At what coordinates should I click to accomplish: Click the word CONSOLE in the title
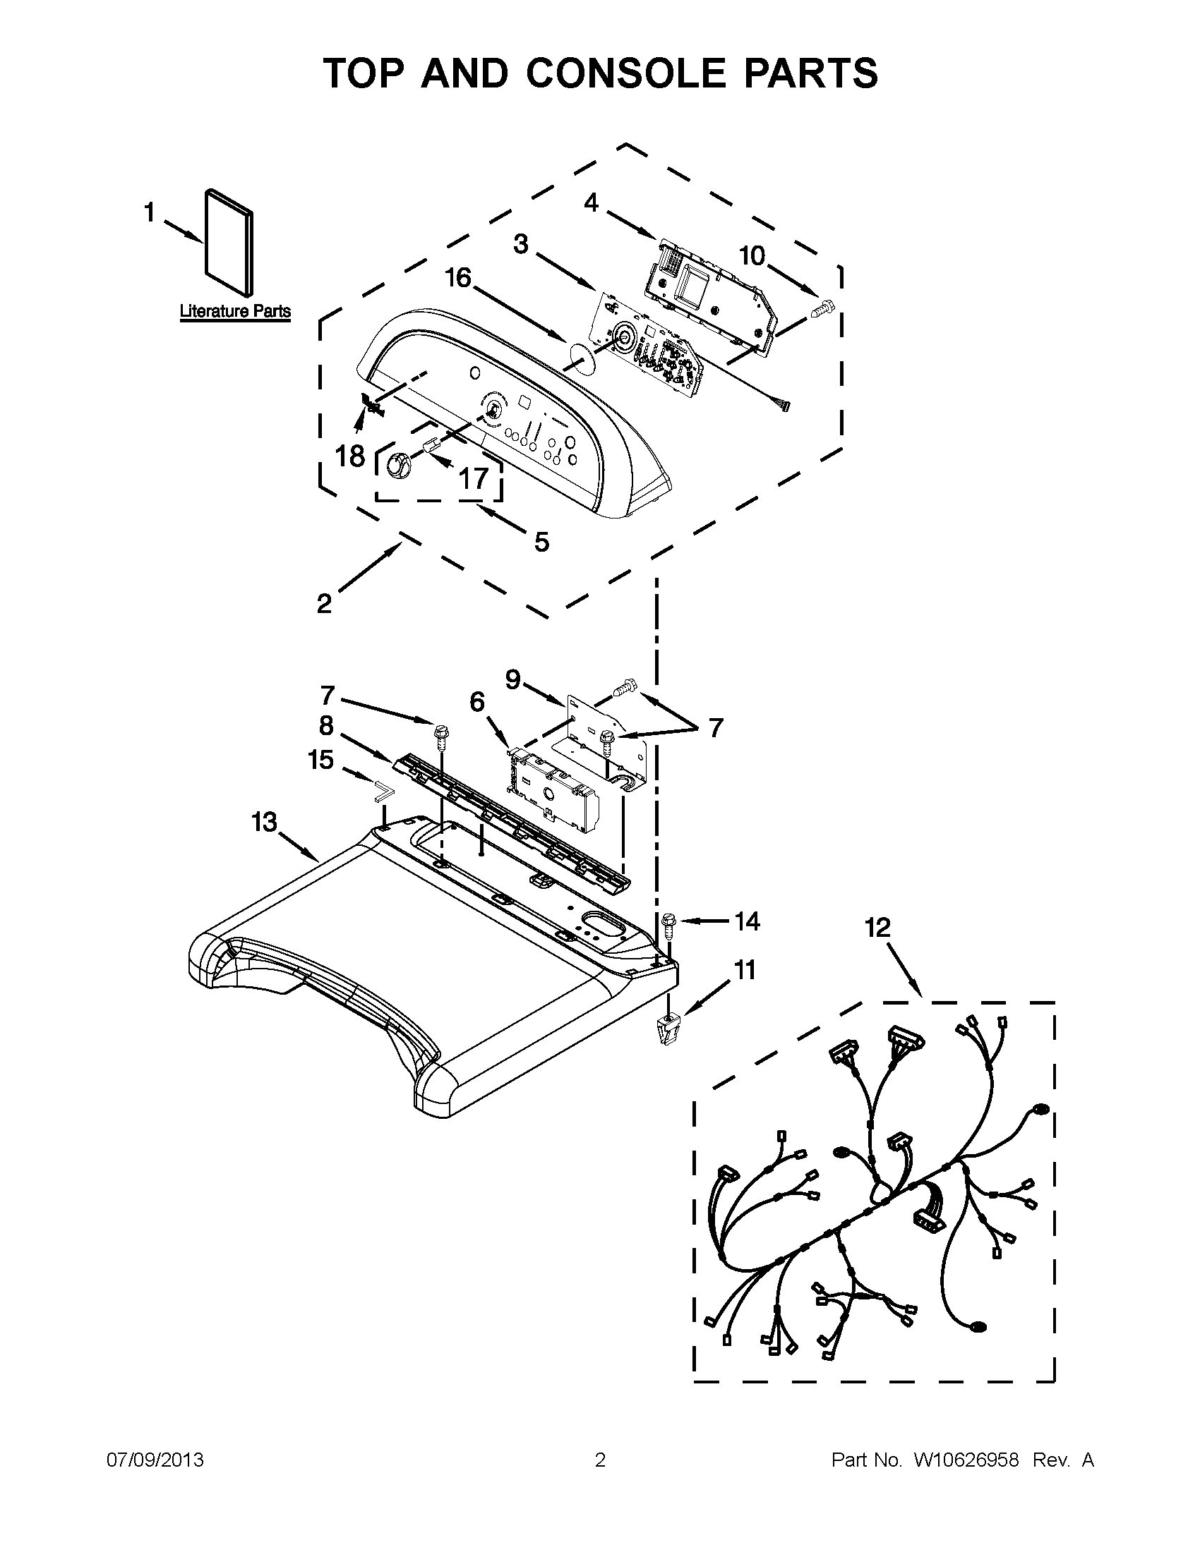point(625,73)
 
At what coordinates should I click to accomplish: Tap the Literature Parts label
point(234,311)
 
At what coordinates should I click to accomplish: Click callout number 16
point(458,278)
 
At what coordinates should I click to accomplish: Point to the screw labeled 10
point(823,309)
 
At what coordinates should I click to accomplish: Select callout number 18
point(349,456)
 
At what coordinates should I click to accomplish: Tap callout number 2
point(324,603)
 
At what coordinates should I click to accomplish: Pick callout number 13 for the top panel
point(264,822)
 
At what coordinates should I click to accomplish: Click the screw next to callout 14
point(668,924)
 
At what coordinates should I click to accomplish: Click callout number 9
point(513,679)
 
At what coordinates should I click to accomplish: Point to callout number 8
point(325,725)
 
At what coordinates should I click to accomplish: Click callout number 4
point(592,203)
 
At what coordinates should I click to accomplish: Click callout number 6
point(477,702)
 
